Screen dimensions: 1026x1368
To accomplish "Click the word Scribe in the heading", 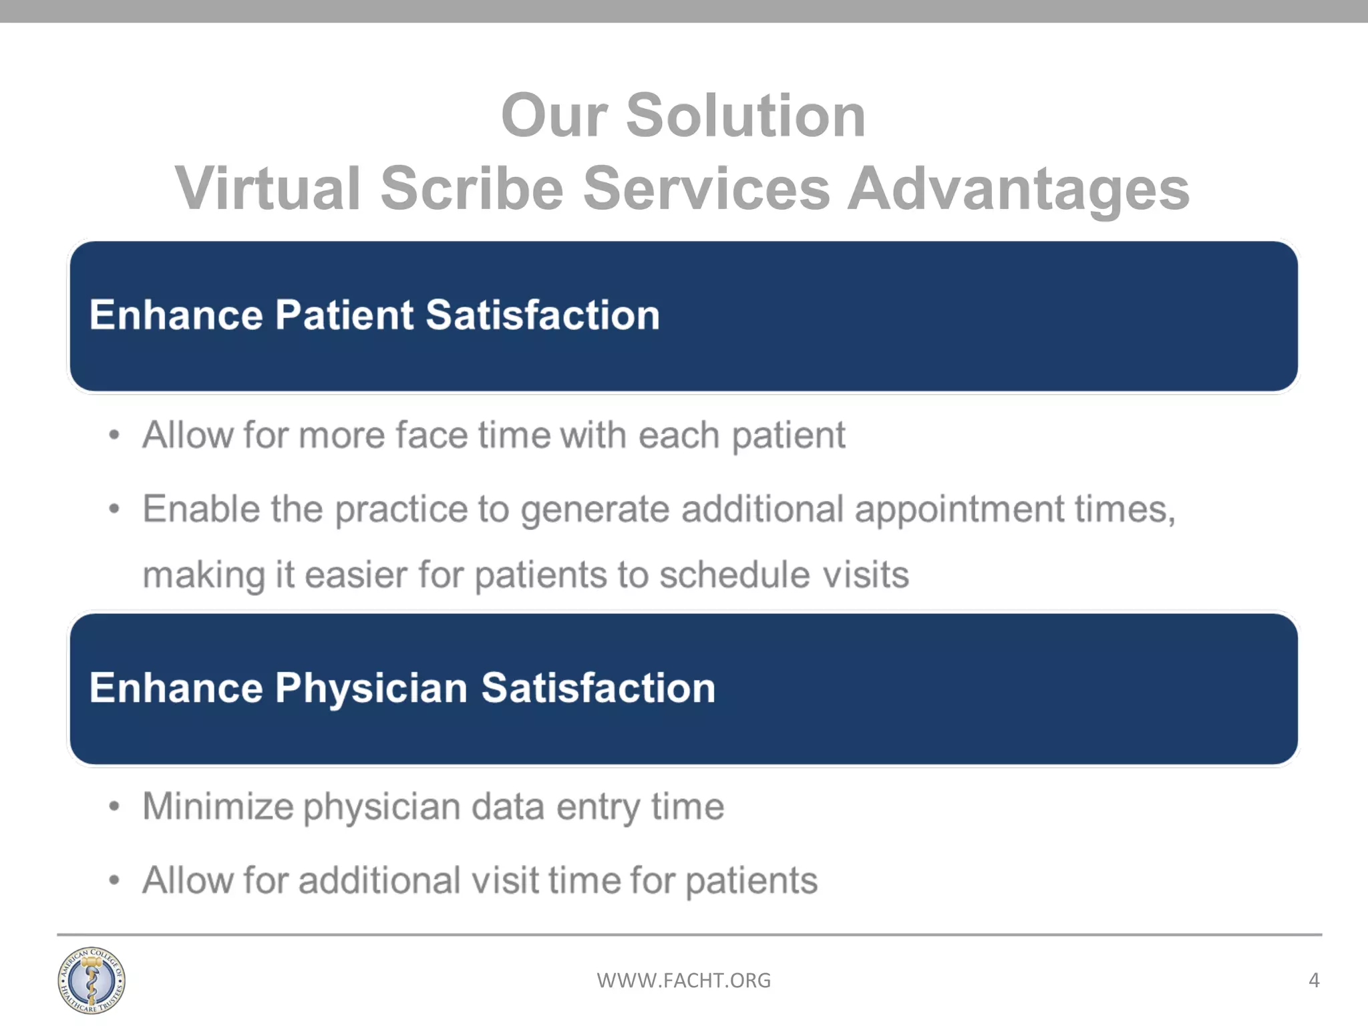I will (472, 188).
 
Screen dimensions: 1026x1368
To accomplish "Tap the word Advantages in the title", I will (1018, 188).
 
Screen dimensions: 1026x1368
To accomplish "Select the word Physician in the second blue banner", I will (371, 687).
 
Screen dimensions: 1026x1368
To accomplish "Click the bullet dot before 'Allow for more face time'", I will (114, 436).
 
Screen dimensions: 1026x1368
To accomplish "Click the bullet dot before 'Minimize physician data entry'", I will (114, 806).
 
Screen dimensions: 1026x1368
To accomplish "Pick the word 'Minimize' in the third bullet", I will (218, 806).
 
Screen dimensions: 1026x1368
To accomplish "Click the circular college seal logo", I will (91, 980).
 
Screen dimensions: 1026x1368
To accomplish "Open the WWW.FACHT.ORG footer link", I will (683, 980).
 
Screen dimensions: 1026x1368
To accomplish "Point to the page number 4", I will (1313, 980).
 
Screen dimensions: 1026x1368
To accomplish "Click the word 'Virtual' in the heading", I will (268, 188).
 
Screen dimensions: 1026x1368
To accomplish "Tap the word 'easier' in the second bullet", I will (355, 574).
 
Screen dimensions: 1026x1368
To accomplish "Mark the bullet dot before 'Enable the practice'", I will (114, 510).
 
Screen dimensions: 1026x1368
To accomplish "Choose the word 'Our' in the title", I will (554, 116).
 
